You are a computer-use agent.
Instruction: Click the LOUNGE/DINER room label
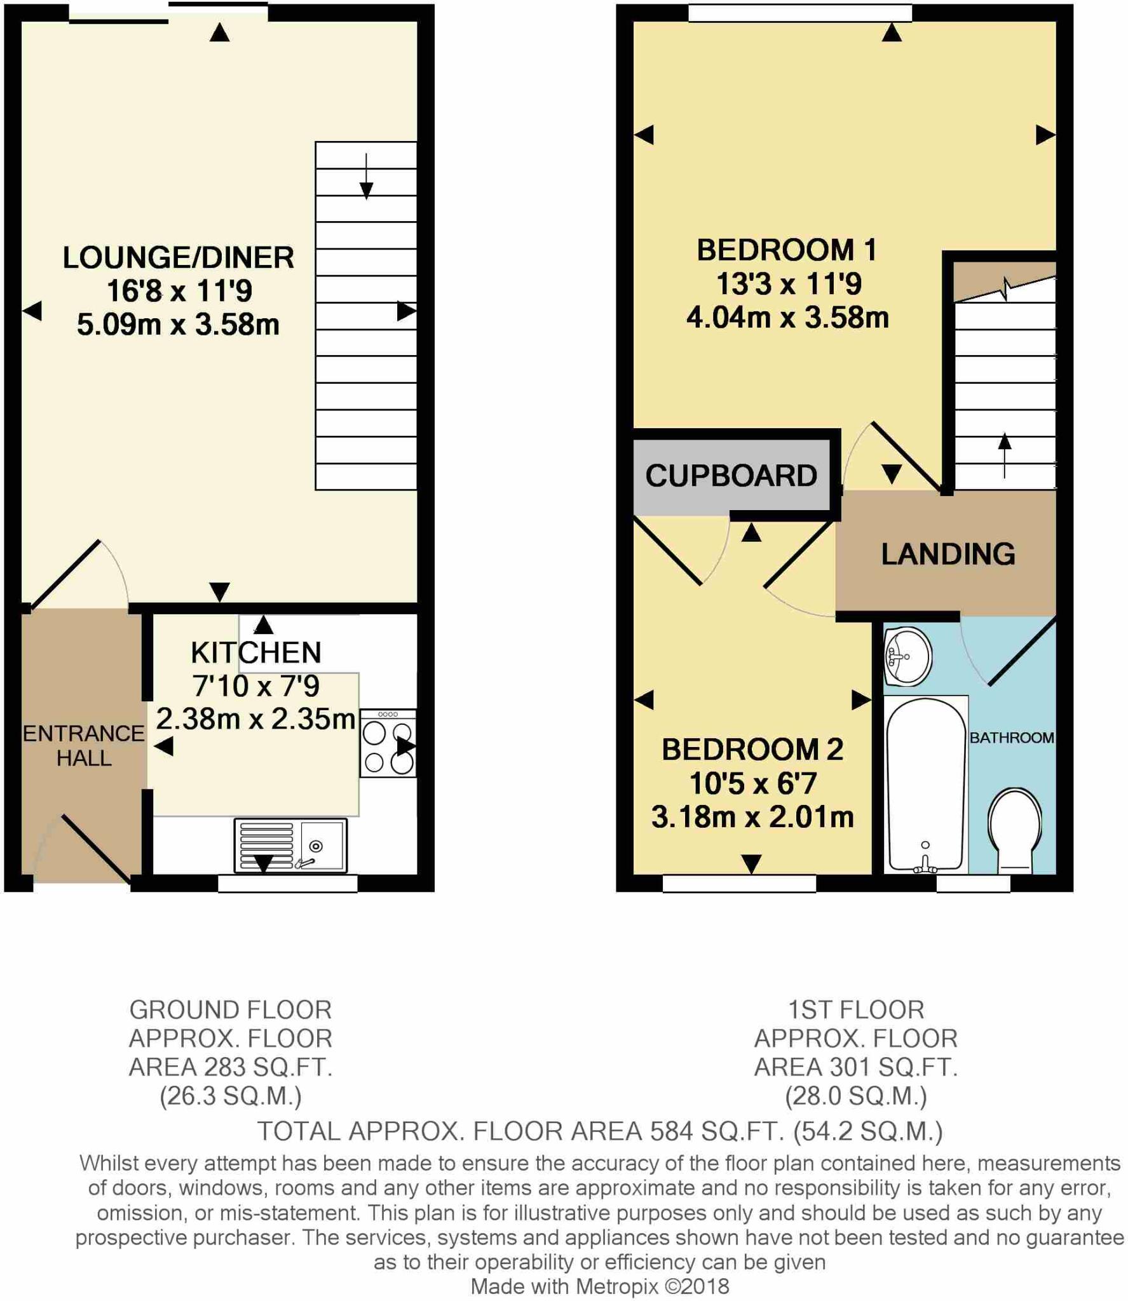pyautogui.click(x=179, y=258)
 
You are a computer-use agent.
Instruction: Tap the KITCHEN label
pyautogui.click(x=256, y=653)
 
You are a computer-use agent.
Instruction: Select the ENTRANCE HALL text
pyautogui.click(x=84, y=746)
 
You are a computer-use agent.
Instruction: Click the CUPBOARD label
pyautogui.click(x=731, y=476)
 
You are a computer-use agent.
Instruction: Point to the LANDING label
pyautogui.click(x=948, y=554)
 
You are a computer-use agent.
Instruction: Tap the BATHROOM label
pyautogui.click(x=1012, y=738)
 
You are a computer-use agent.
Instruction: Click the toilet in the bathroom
pyautogui.click(x=1015, y=831)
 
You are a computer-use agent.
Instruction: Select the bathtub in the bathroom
pyautogui.click(x=926, y=785)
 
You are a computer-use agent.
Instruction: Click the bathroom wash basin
pyautogui.click(x=908, y=657)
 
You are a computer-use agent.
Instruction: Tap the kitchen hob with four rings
pyautogui.click(x=388, y=743)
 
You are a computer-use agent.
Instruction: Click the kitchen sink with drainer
pyautogui.click(x=290, y=846)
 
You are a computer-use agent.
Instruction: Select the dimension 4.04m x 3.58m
pyautogui.click(x=787, y=318)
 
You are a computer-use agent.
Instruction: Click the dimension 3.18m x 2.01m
pyautogui.click(x=752, y=817)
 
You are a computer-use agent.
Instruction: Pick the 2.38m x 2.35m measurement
pyautogui.click(x=255, y=719)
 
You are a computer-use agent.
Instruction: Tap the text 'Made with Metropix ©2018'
pyautogui.click(x=600, y=1286)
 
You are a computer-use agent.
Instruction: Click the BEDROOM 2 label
pyautogui.click(x=752, y=750)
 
